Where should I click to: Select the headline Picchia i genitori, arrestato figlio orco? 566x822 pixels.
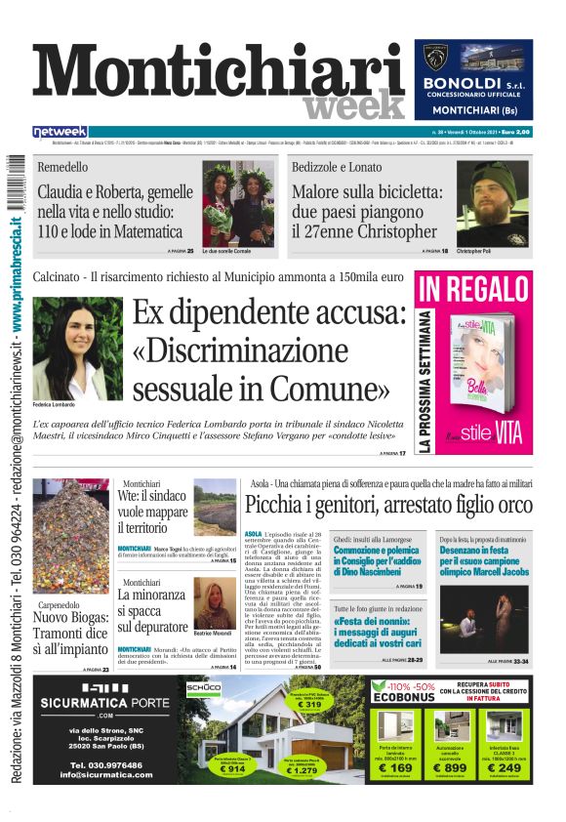(388, 505)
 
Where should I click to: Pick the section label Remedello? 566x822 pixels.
(61, 167)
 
